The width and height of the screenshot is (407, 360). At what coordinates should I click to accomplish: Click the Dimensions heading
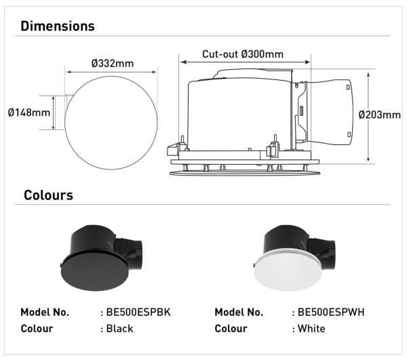click(x=58, y=26)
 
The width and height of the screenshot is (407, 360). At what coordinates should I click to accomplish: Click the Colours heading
click(x=48, y=195)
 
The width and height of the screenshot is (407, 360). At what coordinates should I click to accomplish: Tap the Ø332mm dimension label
click(x=112, y=63)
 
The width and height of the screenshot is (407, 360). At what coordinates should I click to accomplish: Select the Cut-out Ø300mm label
click(x=243, y=54)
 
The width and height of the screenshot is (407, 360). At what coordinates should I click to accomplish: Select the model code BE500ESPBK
click(x=135, y=313)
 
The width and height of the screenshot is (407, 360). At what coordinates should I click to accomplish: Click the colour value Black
click(x=119, y=329)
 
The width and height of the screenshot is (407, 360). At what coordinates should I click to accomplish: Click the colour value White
click(x=311, y=329)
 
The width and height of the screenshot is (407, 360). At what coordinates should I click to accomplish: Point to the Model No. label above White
click(x=239, y=313)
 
